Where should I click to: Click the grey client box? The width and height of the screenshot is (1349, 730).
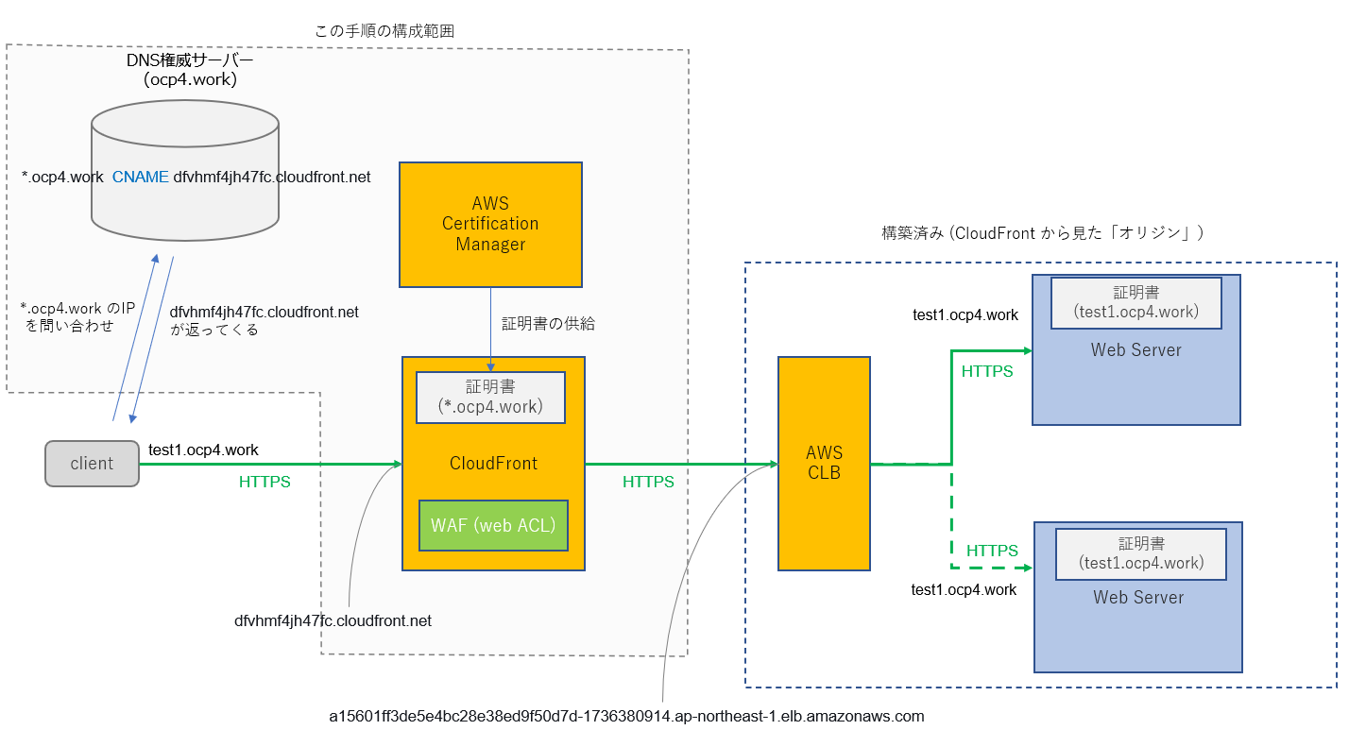pyautogui.click(x=92, y=464)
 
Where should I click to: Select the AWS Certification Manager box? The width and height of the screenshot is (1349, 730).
pyautogui.click(x=490, y=224)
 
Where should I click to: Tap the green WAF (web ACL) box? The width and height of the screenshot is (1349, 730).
pyautogui.click(x=493, y=526)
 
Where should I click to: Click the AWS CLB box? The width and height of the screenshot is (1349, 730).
pyautogui.click(x=824, y=463)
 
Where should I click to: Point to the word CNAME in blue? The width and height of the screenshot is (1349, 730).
pyautogui.click(x=140, y=177)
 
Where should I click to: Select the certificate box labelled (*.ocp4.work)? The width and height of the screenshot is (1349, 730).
pyautogui.click(x=490, y=397)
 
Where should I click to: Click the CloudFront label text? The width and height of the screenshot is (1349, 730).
pyautogui.click(x=493, y=464)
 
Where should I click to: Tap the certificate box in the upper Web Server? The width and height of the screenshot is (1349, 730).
pyautogui.click(x=1136, y=302)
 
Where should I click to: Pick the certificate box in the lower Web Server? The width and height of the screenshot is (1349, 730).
pyautogui.click(x=1141, y=553)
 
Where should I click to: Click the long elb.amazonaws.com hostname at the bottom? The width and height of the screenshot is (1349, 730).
pyautogui.click(x=626, y=716)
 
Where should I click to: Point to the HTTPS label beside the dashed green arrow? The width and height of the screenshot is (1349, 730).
pyautogui.click(x=992, y=551)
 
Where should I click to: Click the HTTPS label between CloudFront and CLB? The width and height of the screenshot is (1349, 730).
pyautogui.click(x=648, y=482)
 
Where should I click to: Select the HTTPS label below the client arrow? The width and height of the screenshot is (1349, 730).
pyautogui.click(x=265, y=482)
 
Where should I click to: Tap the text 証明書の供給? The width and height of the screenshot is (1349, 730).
pyautogui.click(x=548, y=323)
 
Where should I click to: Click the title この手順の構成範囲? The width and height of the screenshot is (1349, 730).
pyautogui.click(x=384, y=31)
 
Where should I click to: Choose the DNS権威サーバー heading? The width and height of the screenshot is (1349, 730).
pyautogui.click(x=190, y=60)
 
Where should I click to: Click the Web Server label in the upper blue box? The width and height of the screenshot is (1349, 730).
pyautogui.click(x=1136, y=350)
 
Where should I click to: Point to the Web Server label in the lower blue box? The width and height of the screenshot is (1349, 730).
pyautogui.click(x=1138, y=598)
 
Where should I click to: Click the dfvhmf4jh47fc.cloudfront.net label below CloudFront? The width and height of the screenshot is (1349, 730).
pyautogui.click(x=333, y=621)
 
